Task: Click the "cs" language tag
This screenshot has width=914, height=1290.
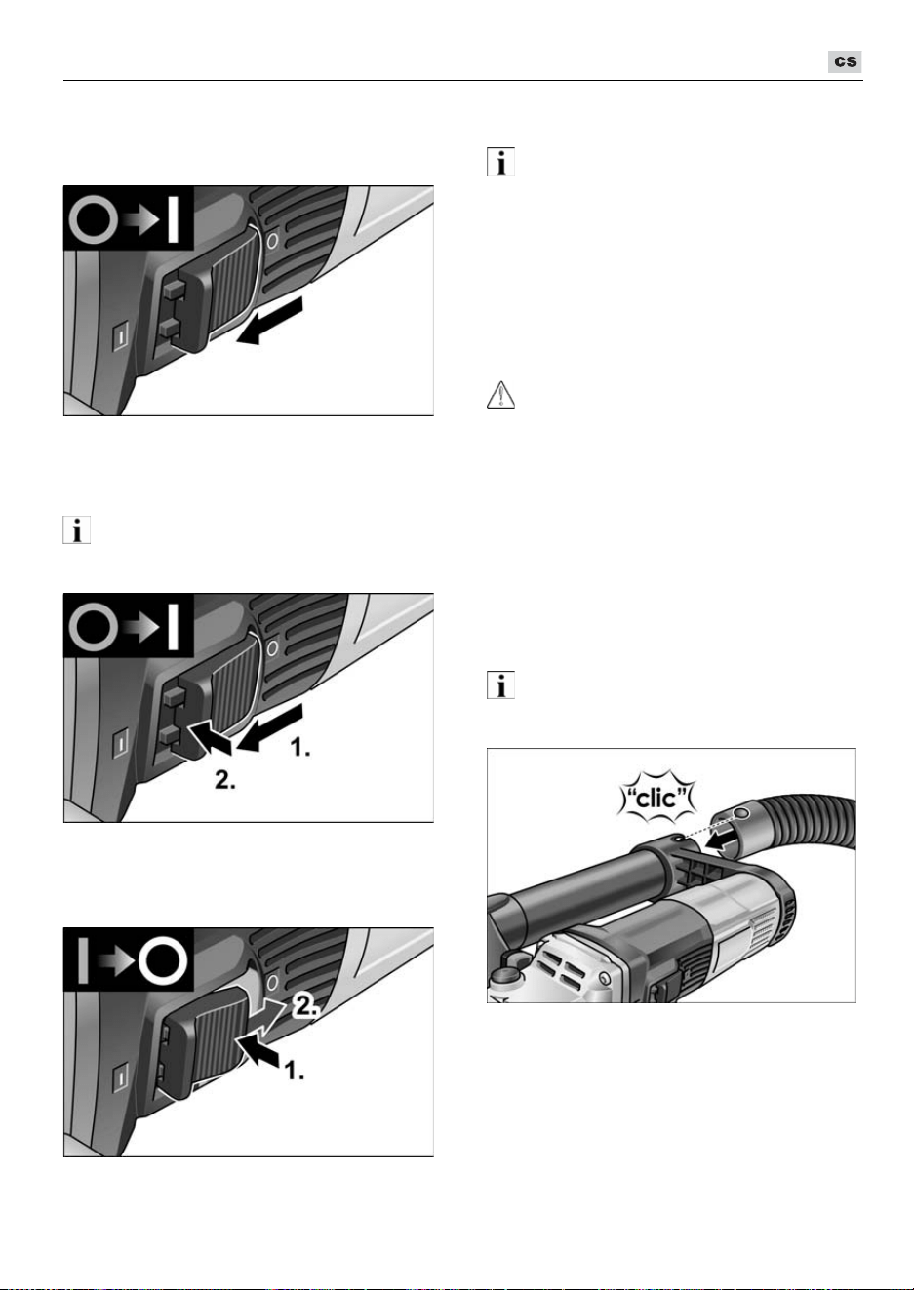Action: (x=845, y=61)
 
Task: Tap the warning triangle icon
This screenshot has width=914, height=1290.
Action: (x=500, y=395)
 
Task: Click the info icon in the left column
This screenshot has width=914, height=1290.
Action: (x=77, y=529)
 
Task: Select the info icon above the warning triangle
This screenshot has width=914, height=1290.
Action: (x=500, y=162)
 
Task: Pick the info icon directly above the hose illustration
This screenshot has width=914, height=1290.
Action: (x=500, y=684)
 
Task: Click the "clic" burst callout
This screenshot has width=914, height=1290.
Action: (x=657, y=799)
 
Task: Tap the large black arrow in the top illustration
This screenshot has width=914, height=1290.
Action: (x=269, y=322)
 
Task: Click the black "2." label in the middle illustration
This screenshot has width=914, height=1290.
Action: (x=224, y=780)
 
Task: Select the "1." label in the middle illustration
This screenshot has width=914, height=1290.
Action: (x=300, y=748)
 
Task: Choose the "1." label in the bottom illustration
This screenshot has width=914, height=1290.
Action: (x=294, y=1072)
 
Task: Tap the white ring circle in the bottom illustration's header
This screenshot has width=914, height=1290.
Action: (x=163, y=961)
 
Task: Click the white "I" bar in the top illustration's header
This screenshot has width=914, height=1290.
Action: (x=173, y=219)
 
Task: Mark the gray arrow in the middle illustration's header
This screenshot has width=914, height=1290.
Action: (x=141, y=627)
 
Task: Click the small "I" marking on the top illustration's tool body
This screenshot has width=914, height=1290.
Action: (x=120, y=335)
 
